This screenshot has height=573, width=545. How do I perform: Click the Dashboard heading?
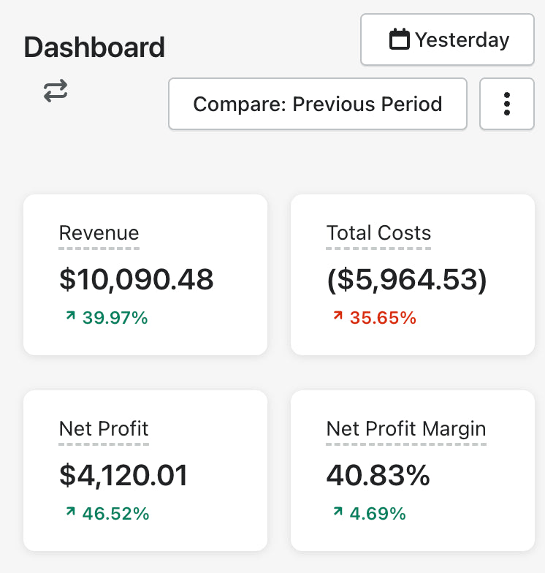94,48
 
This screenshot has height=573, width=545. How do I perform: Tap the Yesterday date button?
447,39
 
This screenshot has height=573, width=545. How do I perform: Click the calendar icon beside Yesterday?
399,39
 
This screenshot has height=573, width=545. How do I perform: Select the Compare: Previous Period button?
317,104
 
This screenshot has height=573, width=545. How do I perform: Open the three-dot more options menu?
506,104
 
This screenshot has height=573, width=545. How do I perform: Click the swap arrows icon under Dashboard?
56,91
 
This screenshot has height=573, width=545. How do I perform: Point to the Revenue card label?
99,233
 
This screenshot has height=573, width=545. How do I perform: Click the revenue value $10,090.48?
136,279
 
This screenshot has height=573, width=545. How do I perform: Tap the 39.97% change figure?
115,318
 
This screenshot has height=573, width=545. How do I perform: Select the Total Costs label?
378,233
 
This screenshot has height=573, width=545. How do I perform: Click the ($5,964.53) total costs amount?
406,279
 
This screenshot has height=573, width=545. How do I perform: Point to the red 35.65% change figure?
383,318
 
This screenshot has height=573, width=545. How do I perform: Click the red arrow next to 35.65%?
338,316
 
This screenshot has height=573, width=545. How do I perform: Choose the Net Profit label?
104,429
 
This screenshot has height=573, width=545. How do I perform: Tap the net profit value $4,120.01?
123,475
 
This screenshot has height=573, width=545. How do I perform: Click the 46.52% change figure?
115,514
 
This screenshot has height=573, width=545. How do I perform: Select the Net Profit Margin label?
406,429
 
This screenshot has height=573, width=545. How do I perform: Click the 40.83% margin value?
378,475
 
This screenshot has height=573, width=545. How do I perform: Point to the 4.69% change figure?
378,514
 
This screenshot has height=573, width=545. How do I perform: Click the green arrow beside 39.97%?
70,316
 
